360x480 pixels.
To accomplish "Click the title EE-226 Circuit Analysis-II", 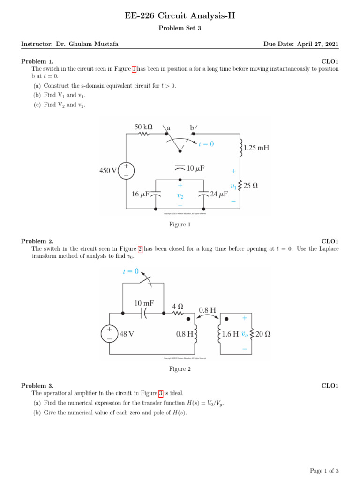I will [x=180, y=16].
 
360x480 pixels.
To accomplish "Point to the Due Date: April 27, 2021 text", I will [x=301, y=44].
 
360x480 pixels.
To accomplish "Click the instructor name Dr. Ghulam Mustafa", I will [x=87, y=44].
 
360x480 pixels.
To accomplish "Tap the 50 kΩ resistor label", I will [x=143, y=127].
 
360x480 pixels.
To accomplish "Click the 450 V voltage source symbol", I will [x=126, y=171].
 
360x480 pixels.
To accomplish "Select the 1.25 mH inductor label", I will [x=256, y=148].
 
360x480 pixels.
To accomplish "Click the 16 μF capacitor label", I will [x=140, y=194].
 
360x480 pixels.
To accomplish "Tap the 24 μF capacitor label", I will [x=219, y=194].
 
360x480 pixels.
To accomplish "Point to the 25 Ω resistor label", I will [x=251, y=186].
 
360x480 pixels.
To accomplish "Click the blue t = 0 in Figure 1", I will [x=206, y=144].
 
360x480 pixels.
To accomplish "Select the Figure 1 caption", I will [x=180, y=225].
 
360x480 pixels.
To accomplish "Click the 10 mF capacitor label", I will [x=144, y=303].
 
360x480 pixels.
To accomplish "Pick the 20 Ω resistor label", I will [x=263, y=334].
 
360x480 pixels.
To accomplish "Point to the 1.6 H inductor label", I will [x=230, y=334].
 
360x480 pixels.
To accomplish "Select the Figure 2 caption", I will [x=180, y=369].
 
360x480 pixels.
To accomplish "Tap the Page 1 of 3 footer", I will [x=324, y=471].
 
